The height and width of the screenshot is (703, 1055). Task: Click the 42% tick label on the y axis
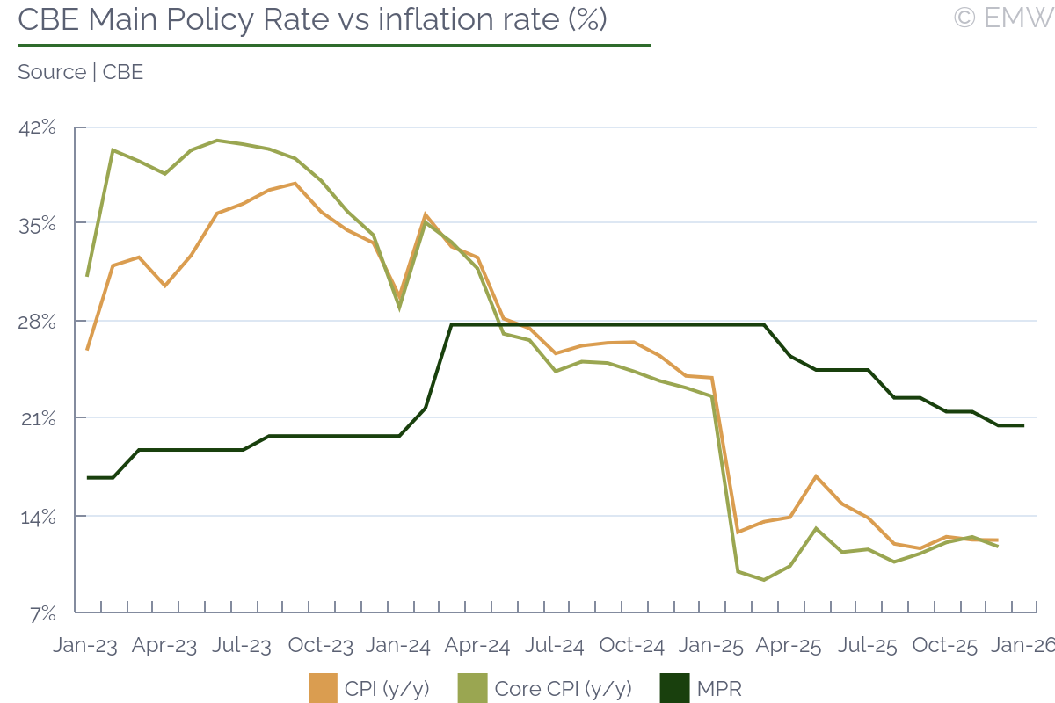(x=37, y=128)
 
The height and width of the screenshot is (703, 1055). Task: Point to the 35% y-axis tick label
(x=37, y=224)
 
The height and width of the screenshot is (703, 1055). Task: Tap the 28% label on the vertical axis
(x=37, y=322)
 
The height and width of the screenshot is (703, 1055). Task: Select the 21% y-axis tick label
(x=37, y=418)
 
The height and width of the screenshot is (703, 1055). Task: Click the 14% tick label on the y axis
(x=37, y=516)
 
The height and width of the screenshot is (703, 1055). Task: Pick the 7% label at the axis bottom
(x=41, y=613)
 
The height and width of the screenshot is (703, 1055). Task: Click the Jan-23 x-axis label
(x=85, y=645)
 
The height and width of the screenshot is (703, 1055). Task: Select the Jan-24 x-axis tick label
(x=398, y=645)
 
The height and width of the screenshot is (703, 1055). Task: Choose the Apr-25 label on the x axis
(x=789, y=645)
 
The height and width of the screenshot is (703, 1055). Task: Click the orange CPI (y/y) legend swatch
(x=323, y=688)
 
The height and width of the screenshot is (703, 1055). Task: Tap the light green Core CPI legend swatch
(x=472, y=688)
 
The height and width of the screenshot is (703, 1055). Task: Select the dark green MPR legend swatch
(x=673, y=688)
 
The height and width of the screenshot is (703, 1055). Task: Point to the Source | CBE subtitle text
(x=80, y=72)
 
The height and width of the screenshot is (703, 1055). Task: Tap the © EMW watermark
(x=1003, y=18)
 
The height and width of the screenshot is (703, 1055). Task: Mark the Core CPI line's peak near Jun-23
(x=217, y=141)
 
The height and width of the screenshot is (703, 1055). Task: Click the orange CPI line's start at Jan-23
(x=87, y=350)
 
